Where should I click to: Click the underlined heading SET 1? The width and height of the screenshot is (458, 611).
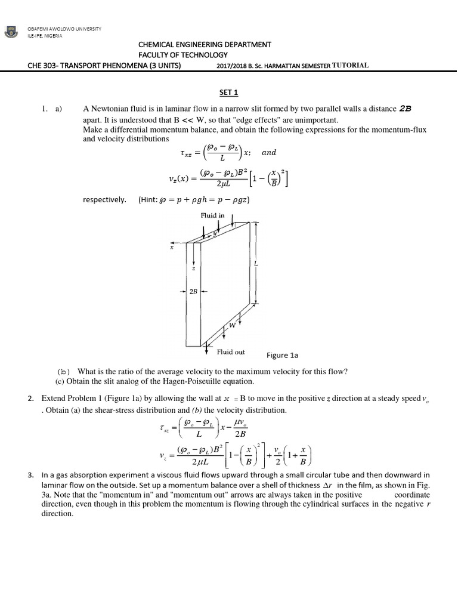pos(229,92)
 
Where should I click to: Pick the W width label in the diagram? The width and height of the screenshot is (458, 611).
pos(234,327)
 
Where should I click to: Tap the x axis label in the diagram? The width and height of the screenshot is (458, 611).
pos(171,248)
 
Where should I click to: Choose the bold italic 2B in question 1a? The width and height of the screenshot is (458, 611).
pos(406,109)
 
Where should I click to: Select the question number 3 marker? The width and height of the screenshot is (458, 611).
pos(30,476)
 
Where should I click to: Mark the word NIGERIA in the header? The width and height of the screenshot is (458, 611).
pos(52,35)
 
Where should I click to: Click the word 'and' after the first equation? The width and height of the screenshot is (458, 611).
pos(269,152)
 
